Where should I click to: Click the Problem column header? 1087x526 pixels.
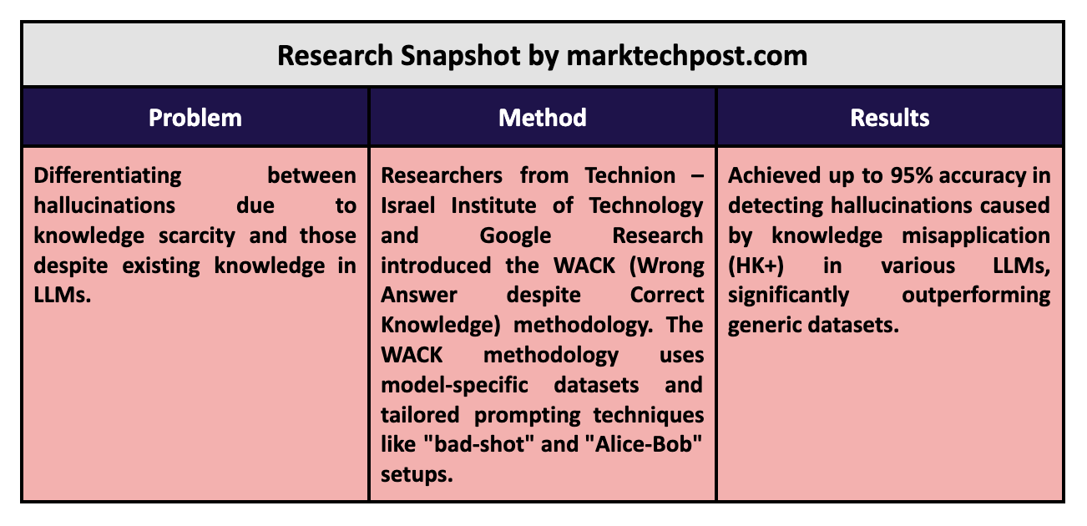tap(195, 118)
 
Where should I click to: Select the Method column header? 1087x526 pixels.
tap(543, 118)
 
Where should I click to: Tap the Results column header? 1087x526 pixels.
tap(890, 118)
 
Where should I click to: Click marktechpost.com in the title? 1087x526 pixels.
tap(686, 56)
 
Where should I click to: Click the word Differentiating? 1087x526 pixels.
tap(107, 176)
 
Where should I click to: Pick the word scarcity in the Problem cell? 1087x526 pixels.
tap(196, 235)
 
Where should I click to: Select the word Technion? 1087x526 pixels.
tap(629, 175)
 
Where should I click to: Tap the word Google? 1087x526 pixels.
tap(515, 236)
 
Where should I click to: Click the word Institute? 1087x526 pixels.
tap(493, 205)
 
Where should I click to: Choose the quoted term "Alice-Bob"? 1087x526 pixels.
tap(641, 444)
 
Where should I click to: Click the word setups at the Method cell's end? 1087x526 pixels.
tap(417, 475)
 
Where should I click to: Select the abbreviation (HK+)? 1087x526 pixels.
tap(756, 266)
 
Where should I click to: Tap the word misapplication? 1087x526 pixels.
tap(976, 236)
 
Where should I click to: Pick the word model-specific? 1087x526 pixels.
tap(454, 386)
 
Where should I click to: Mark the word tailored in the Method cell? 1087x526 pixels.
tap(420, 415)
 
